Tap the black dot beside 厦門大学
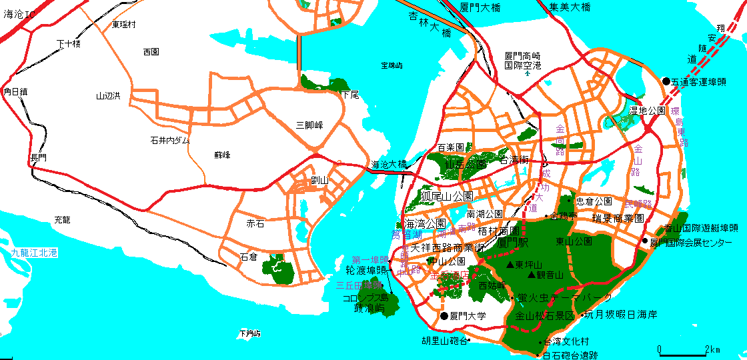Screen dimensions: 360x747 click(x=444, y=316)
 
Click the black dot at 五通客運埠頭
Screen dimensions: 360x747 click(x=666, y=81)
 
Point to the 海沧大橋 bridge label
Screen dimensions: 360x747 click(x=389, y=165)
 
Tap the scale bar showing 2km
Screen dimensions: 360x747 click(x=683, y=350)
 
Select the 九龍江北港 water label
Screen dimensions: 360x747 click(x=35, y=253)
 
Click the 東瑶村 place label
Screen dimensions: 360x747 click(x=123, y=25)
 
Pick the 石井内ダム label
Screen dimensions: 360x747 click(x=169, y=141)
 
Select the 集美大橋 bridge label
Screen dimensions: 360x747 click(x=570, y=7)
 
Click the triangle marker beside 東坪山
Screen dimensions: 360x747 click(x=510, y=265)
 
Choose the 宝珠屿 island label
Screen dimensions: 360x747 click(x=392, y=65)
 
